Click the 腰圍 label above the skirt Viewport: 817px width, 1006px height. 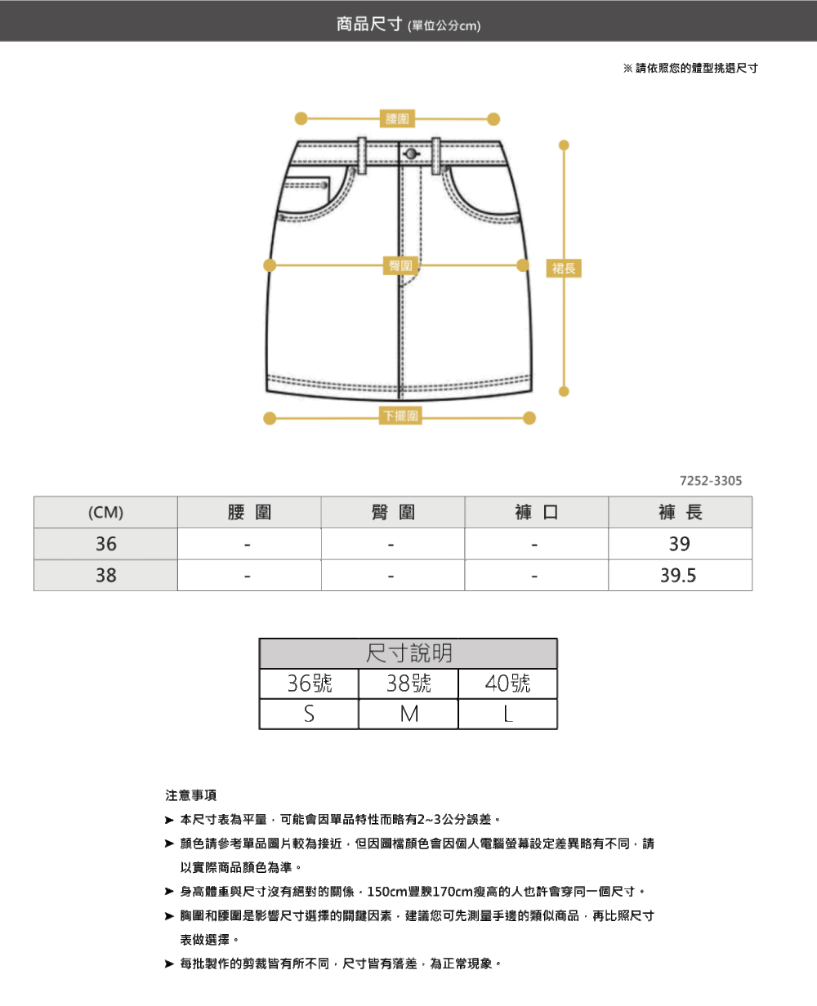click(398, 119)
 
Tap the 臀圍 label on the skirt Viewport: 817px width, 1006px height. click(401, 265)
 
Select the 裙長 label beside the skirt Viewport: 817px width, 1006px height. click(564, 268)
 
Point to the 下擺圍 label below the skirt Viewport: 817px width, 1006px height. click(400, 416)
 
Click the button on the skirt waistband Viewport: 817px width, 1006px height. click(410, 154)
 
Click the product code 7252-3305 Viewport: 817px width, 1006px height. click(711, 481)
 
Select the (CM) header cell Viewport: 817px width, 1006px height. click(105, 513)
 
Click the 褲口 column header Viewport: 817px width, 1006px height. click(536, 513)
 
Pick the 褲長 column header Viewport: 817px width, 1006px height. click(680, 513)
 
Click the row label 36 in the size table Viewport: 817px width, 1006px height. click(105, 544)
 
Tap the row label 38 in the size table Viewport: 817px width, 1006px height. click(105, 576)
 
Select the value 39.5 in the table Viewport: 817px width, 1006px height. click(679, 576)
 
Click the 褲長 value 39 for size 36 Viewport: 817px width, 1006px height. click(679, 544)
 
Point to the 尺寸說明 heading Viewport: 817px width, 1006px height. click(408, 653)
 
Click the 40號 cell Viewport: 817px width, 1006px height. click(507, 683)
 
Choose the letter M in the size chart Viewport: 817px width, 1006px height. click(408, 714)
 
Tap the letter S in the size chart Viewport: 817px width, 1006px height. click(309, 714)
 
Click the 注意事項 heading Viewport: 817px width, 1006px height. click(191, 795)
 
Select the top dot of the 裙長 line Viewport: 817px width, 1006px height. click(563, 145)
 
